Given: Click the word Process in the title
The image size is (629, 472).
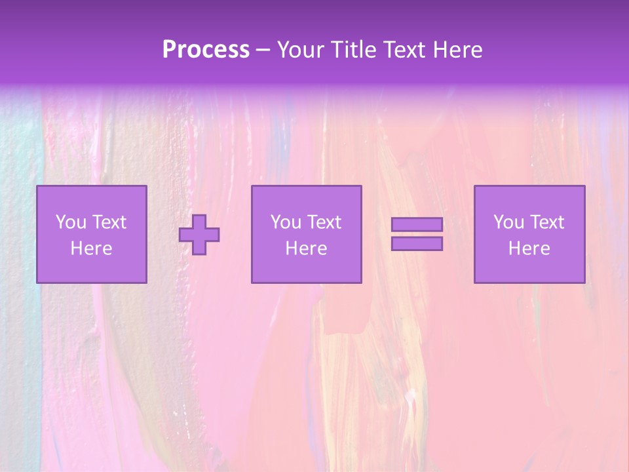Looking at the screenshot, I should (206, 50).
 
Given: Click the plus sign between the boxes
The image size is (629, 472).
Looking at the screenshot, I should (199, 235).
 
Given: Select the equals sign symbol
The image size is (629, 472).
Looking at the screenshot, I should (417, 234).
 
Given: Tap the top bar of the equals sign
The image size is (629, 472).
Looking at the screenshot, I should (417, 225).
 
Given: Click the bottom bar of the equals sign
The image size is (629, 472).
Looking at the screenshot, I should (417, 244).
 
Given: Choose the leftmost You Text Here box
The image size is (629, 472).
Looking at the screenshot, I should (92, 235).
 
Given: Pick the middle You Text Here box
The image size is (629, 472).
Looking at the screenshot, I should (307, 235).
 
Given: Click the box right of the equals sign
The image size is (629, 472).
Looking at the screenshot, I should (529, 235).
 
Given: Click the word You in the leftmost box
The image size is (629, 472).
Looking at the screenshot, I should (71, 222).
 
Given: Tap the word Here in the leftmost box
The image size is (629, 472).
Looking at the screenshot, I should (92, 248).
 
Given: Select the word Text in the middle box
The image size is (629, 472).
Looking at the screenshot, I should (324, 222).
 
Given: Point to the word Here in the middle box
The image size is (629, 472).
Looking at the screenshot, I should (307, 248).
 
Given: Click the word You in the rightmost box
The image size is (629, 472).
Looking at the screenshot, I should (508, 222).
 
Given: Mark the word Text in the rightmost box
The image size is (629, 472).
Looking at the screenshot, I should (547, 222).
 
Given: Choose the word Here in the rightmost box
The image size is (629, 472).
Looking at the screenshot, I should (529, 248).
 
